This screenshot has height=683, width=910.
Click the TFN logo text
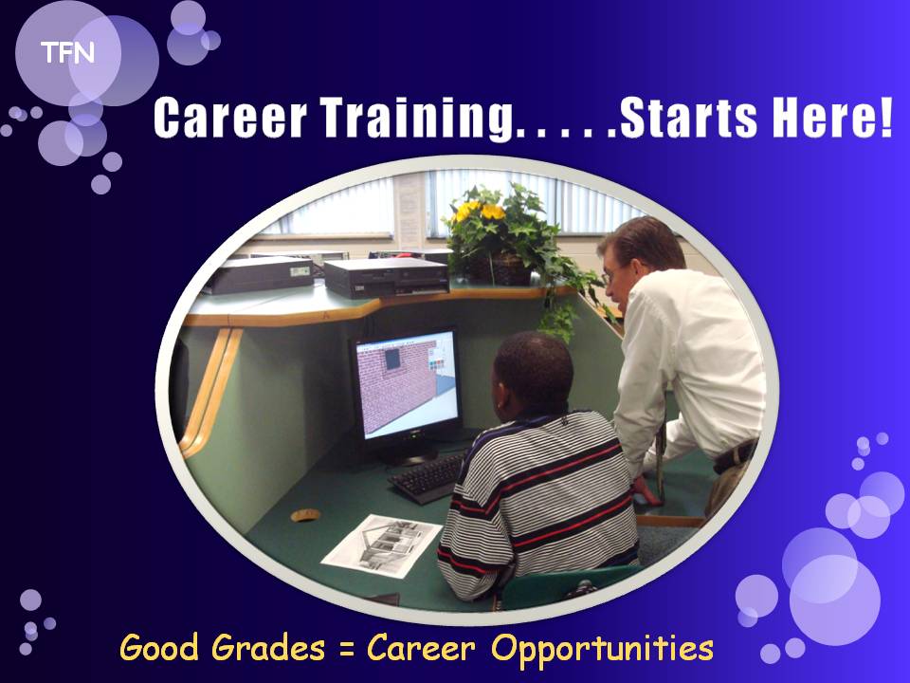coord(67,53)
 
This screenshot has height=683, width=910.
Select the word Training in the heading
coord(416,119)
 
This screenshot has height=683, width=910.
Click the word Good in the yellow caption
coord(158,648)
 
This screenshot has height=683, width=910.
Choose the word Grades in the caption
coord(267,648)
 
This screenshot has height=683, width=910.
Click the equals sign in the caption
coord(346,649)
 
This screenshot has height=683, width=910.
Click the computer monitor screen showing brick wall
coord(407,384)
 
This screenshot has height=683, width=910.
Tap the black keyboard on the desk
coord(429,478)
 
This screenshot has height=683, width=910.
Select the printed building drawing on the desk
coord(382,545)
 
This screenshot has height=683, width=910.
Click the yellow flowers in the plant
coord(479,211)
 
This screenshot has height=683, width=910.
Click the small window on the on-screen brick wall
coord(392,359)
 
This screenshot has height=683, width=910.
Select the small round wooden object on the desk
coord(305,514)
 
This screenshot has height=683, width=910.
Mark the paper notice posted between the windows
coord(409,209)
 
